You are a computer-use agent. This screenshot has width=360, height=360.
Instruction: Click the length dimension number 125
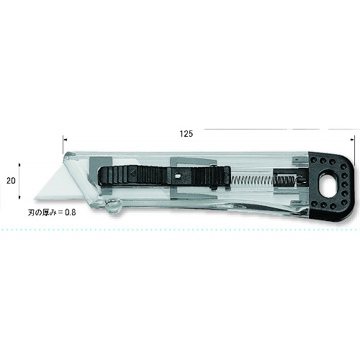(186, 134)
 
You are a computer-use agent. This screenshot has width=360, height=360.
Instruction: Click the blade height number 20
(11, 181)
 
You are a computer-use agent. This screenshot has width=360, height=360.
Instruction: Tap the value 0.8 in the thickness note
(71, 212)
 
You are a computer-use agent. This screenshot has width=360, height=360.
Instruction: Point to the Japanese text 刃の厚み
(42, 212)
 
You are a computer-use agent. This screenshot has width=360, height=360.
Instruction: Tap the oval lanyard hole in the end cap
(326, 184)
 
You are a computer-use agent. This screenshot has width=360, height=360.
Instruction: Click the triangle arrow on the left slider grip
(132, 173)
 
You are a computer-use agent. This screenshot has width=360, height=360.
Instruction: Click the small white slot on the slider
(177, 176)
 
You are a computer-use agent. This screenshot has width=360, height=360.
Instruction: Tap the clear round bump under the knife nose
(113, 206)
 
